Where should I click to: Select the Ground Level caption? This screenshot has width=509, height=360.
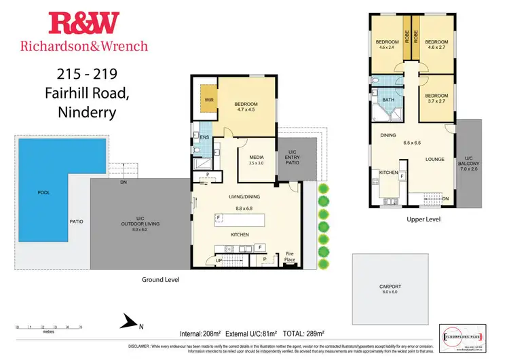click(x=161, y=279)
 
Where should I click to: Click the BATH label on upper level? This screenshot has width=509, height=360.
click(x=388, y=99)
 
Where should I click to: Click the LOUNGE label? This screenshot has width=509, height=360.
click(x=435, y=160)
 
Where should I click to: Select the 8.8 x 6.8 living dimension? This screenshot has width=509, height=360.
click(x=244, y=207)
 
